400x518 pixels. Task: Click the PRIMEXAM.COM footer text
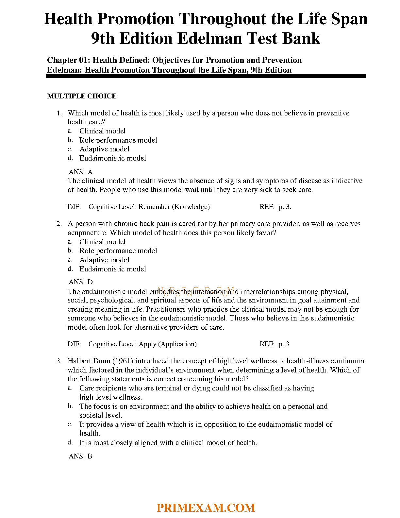[206, 508]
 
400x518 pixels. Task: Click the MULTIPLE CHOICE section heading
[82, 96]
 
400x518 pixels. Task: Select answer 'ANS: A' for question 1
[81, 172]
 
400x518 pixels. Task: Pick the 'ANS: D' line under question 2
[81, 282]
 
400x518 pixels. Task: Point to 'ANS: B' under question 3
[80, 456]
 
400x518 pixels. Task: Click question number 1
[59, 113]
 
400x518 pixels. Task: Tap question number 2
[59, 224]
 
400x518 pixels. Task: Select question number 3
[59, 361]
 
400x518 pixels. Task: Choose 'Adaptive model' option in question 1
[104, 149]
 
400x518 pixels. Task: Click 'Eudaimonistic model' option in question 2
[112, 269]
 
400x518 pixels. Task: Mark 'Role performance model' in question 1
[118, 140]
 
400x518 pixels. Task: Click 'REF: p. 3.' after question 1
[275, 207]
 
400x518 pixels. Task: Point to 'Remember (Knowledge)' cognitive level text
[174, 207]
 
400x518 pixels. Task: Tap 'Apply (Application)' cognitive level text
[168, 344]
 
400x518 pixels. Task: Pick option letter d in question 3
[70, 442]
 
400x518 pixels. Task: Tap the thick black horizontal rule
[206, 76]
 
